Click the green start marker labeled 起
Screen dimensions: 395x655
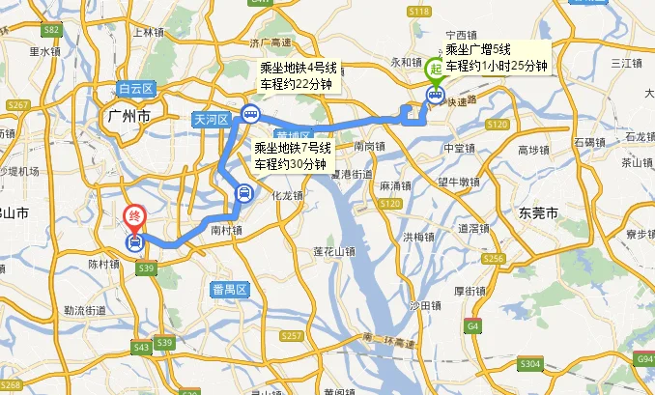point(436,71)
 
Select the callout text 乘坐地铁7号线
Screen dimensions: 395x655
point(293,149)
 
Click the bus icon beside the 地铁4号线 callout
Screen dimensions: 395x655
point(250,114)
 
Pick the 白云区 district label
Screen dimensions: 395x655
point(137,89)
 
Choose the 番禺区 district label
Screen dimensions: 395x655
point(230,289)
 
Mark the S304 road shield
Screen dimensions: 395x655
point(529,363)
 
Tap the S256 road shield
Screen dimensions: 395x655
point(494,259)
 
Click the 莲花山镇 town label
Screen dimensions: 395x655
point(334,251)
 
